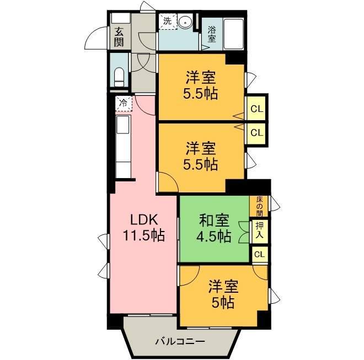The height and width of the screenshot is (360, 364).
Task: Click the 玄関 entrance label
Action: click(x=119, y=37)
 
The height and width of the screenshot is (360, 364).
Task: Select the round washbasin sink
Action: click(x=185, y=23)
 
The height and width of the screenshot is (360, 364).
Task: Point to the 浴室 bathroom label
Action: click(x=211, y=34)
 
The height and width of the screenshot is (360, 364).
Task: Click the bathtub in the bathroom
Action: click(x=233, y=34)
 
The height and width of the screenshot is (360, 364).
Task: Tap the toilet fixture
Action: click(x=119, y=77)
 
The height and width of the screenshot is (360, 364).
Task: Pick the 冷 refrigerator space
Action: click(x=124, y=104)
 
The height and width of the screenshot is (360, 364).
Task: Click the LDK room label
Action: click(x=144, y=219)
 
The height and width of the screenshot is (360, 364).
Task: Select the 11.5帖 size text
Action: click(x=144, y=235)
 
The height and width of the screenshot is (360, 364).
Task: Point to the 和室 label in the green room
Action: click(x=214, y=221)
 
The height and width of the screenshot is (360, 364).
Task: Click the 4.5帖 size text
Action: click(x=214, y=236)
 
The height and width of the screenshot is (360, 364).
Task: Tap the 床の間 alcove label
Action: click(x=259, y=206)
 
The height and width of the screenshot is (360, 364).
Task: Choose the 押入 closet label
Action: click(x=259, y=230)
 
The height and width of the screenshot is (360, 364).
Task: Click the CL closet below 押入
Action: click(x=260, y=254)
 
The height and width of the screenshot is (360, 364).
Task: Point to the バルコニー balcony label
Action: click(x=180, y=341)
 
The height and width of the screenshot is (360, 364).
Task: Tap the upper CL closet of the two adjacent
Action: click(x=257, y=109)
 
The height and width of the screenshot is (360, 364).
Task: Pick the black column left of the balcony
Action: click(x=115, y=322)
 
